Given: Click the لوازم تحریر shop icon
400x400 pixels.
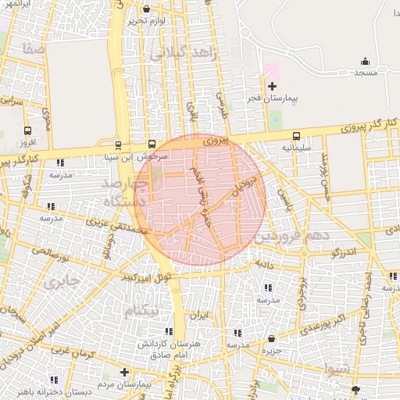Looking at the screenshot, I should coord(146,9).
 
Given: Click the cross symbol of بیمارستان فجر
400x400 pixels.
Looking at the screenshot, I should coord(272,86).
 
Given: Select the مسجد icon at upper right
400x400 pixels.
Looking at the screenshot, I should coord(365,61).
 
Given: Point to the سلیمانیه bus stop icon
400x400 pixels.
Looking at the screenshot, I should coord(296,135).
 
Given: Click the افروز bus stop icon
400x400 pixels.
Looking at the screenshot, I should coord(28,131).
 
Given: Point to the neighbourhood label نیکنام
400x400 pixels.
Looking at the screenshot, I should coord(146,311).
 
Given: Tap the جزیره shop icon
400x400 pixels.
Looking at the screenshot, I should coord(271,338).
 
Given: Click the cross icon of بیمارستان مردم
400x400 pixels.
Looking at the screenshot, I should coord(123,372).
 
